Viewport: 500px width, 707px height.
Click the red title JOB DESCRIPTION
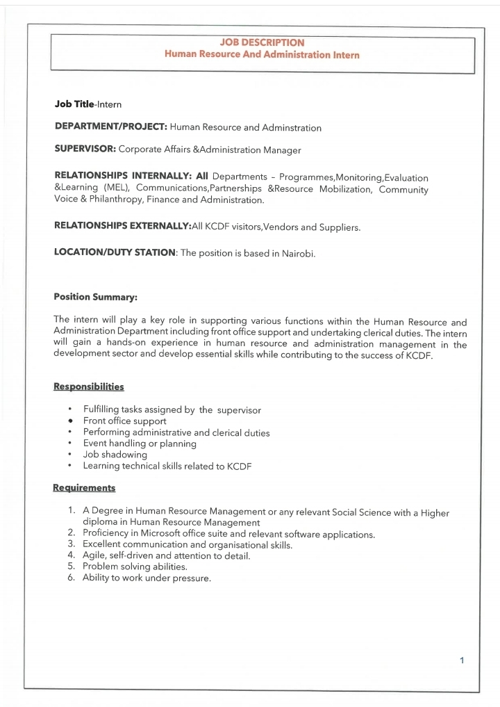(262, 43)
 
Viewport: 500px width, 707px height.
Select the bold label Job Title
(75, 104)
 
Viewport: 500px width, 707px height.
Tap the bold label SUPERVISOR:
(85, 149)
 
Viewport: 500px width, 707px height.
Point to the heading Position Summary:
(96, 297)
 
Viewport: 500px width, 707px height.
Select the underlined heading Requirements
(84, 487)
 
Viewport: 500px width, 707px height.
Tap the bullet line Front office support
(124, 421)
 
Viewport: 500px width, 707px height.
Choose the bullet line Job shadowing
(115, 455)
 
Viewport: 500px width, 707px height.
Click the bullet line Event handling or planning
(140, 444)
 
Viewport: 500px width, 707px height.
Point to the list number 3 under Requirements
(72, 544)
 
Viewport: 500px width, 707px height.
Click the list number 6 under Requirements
(72, 578)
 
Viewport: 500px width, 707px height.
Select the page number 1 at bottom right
(461, 660)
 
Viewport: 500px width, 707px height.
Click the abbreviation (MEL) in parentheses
(116, 188)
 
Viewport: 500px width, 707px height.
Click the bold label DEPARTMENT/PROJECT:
(110, 127)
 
